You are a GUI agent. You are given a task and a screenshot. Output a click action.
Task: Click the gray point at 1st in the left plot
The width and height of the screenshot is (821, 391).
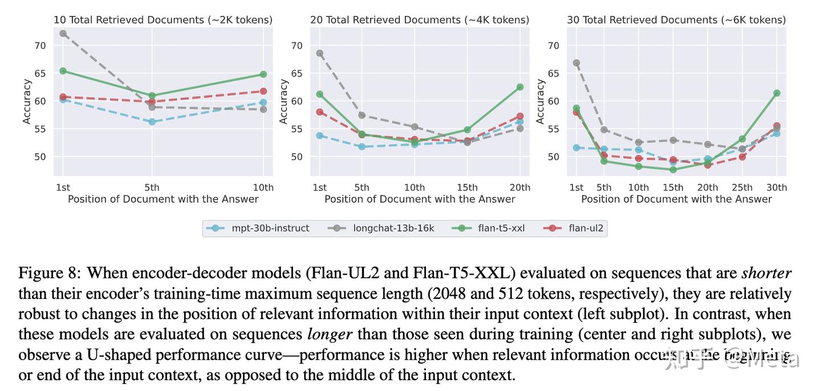pyautogui.click(x=63, y=34)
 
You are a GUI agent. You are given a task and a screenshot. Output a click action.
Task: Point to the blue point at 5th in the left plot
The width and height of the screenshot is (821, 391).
pyautogui.click(x=152, y=122)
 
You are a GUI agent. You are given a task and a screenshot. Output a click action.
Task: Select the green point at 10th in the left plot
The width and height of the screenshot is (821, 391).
pyautogui.click(x=263, y=74)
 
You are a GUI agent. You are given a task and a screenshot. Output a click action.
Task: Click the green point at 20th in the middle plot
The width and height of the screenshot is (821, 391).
pyautogui.click(x=520, y=87)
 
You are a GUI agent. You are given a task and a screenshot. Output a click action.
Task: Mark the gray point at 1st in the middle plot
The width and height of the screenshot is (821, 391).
pyautogui.click(x=320, y=53)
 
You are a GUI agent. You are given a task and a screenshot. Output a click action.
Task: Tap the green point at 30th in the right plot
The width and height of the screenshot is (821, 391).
pyautogui.click(x=777, y=93)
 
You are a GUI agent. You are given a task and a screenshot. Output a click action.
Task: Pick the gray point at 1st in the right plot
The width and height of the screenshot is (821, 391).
pyautogui.click(x=576, y=63)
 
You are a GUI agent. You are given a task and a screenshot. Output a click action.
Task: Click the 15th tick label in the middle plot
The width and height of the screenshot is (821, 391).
pyautogui.click(x=468, y=187)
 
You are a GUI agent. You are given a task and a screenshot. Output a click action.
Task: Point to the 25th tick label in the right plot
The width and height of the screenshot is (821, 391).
pyautogui.click(x=742, y=187)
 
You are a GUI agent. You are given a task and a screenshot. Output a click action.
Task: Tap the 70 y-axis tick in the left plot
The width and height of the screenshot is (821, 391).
pyautogui.click(x=40, y=46)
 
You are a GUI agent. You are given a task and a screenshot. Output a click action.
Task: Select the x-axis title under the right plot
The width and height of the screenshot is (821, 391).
pyautogui.click(x=676, y=199)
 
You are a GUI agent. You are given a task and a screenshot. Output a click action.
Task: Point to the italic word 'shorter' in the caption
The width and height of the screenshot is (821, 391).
pyautogui.click(x=766, y=273)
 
